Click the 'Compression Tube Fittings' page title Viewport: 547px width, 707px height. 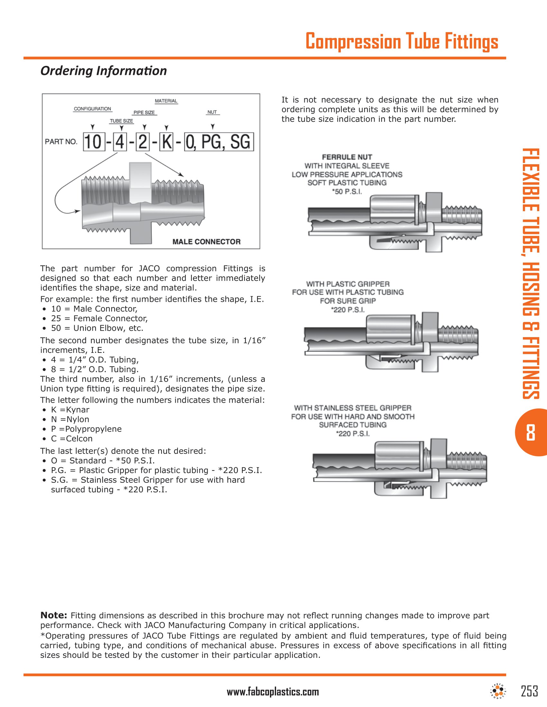click(402, 41)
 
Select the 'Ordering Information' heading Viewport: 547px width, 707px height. click(103, 71)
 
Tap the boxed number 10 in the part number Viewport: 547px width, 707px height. click(94, 142)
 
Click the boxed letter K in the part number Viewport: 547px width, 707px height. click(167, 142)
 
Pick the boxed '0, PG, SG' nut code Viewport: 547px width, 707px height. click(219, 142)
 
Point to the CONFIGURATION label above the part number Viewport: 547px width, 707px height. click(92, 109)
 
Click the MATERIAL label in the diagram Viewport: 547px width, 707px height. click(166, 101)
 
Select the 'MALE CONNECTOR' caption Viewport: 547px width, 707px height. click(207, 241)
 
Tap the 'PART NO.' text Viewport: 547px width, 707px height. click(61, 141)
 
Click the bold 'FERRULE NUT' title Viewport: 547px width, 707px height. click(347, 157)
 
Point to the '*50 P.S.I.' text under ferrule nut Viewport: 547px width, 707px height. click(347, 192)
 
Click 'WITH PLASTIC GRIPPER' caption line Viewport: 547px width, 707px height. click(348, 284)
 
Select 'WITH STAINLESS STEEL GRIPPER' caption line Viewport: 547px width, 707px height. click(353, 408)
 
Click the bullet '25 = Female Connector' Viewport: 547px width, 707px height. click(99, 318)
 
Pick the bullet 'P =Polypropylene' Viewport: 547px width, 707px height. click(86, 429)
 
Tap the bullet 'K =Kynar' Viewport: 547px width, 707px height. click(70, 409)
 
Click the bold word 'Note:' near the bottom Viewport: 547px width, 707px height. click(53, 615)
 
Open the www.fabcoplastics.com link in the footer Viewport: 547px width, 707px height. click(273, 692)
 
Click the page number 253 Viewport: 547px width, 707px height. click(530, 691)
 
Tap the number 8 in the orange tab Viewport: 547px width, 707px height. click(531, 433)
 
